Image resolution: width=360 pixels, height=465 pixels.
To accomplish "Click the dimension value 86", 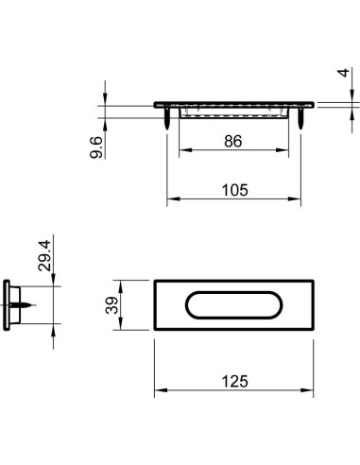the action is coord(233,141).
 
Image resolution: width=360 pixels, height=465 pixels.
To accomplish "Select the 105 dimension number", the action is coord(235,190).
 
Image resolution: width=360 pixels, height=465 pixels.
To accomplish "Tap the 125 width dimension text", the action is coord(235,381).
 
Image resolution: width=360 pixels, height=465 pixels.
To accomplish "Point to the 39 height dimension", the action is coord(111,305).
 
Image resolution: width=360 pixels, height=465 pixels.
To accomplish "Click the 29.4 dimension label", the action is coord(44,255).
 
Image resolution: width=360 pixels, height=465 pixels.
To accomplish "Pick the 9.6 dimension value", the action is coord(96,147).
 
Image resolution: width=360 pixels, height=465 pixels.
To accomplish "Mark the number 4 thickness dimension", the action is coord(343,73).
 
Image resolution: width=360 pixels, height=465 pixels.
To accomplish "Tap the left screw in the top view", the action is coord(167,118).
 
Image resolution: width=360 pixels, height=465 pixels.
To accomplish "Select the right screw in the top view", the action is coord(300,118).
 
